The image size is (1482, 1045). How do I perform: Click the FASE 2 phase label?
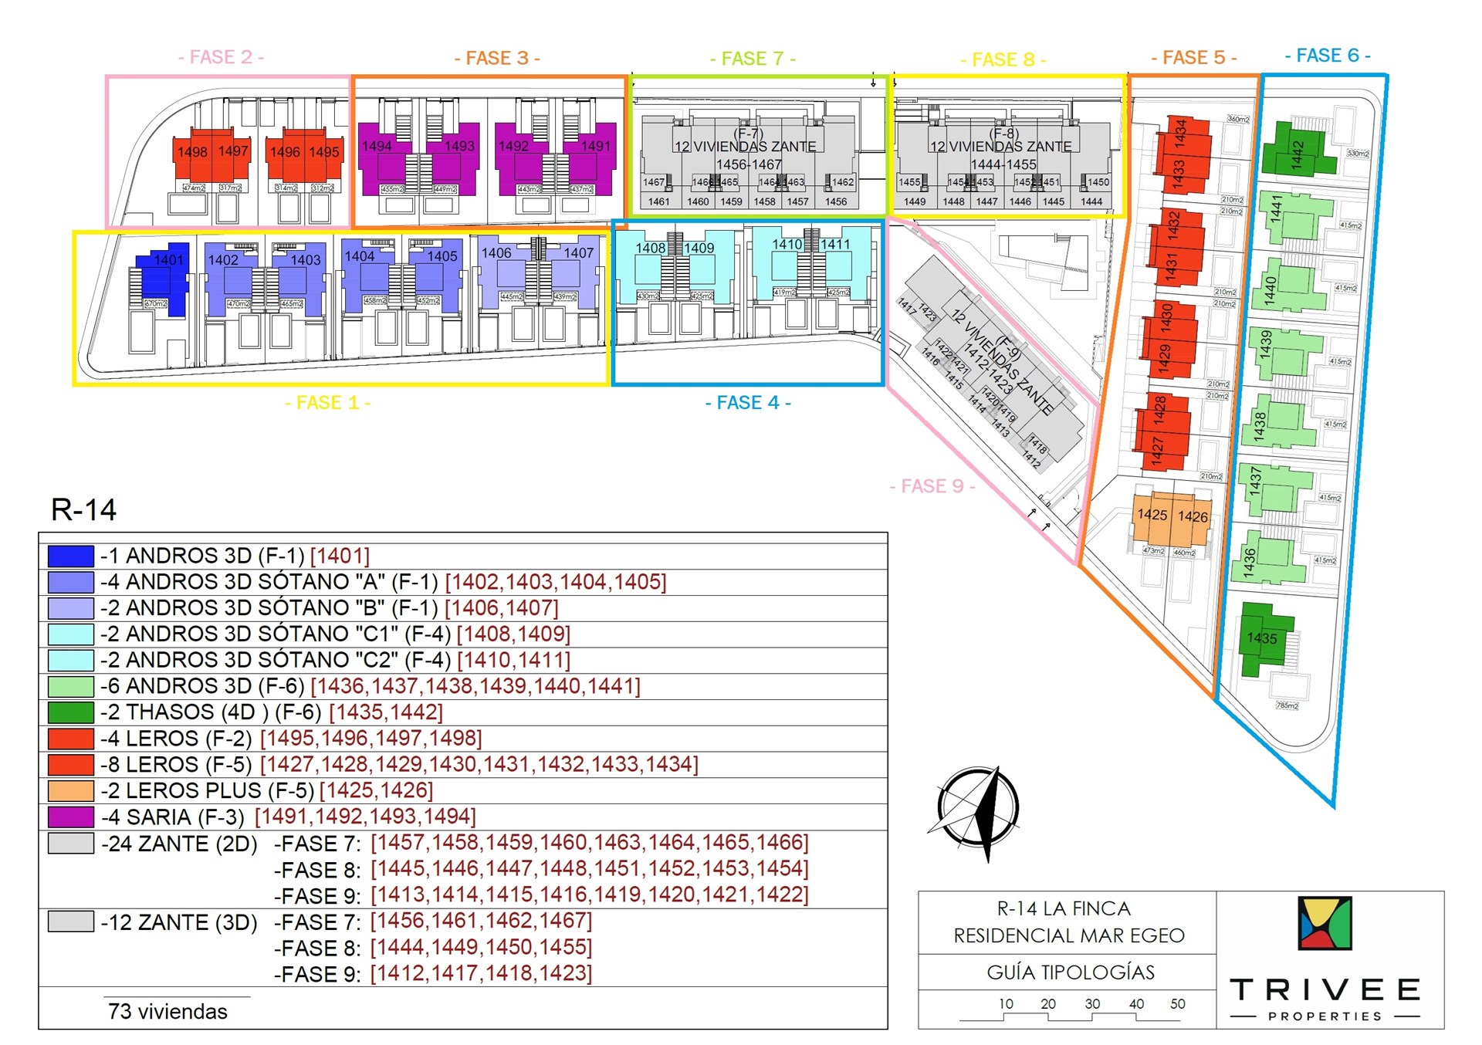(x=221, y=57)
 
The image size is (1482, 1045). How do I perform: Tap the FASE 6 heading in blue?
(x=1328, y=56)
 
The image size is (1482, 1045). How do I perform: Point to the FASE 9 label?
(x=932, y=486)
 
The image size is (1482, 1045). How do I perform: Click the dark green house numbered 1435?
(x=1263, y=639)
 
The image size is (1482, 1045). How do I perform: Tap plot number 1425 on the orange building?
(x=1152, y=515)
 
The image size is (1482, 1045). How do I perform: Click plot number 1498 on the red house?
(x=192, y=152)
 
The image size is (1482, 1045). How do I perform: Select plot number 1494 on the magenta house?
(x=377, y=146)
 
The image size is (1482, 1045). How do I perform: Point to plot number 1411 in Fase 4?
(x=835, y=245)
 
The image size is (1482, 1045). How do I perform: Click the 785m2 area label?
(x=1287, y=705)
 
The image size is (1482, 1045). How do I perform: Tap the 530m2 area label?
(x=1358, y=154)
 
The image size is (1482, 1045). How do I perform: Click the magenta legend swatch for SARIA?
(x=70, y=817)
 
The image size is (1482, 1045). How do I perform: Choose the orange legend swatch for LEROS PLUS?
(x=70, y=790)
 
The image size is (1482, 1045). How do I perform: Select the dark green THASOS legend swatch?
(x=70, y=712)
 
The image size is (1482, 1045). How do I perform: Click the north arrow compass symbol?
(x=978, y=808)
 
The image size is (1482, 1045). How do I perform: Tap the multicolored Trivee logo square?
(x=1325, y=923)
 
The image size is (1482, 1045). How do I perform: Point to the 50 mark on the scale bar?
(x=1177, y=1004)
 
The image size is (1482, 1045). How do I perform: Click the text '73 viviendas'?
(x=167, y=1011)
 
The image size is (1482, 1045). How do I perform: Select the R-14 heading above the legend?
(x=83, y=510)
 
